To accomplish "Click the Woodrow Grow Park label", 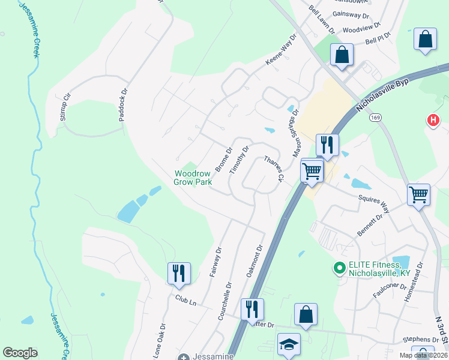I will tap(193, 177).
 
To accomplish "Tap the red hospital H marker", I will tap(433, 121).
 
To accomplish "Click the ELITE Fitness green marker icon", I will tap(340, 267).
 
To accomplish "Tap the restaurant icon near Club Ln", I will tap(179, 272).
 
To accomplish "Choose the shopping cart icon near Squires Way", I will tap(418, 194).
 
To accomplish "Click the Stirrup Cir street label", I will tap(65, 108).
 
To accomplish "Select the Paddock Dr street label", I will tap(124, 106).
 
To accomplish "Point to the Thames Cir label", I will tap(273, 169).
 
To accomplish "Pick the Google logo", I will tap(20, 353).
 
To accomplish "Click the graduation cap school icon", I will tap(288, 344).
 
